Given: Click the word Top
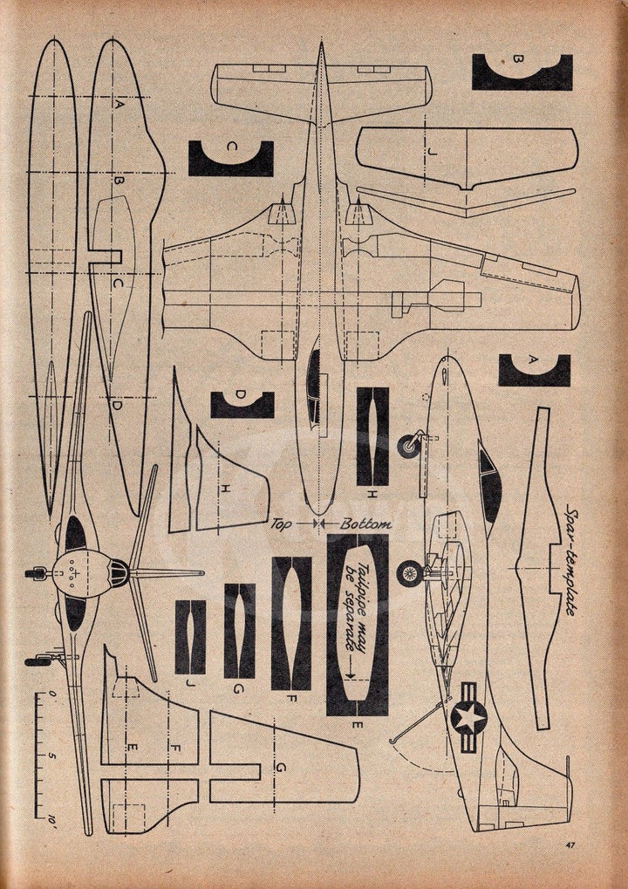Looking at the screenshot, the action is click(x=282, y=523).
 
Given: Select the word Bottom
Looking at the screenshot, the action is click(x=365, y=523).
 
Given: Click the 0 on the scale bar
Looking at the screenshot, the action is click(x=52, y=693).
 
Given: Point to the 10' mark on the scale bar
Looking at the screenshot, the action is click(x=52, y=820).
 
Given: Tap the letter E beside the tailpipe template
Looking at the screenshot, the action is click(x=357, y=724).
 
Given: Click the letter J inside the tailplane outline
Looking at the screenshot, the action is click(x=433, y=152).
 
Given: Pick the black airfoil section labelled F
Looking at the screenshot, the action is click(x=291, y=623).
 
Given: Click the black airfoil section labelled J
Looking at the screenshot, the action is click(x=190, y=637).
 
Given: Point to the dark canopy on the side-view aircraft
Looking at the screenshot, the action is click(x=488, y=480).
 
